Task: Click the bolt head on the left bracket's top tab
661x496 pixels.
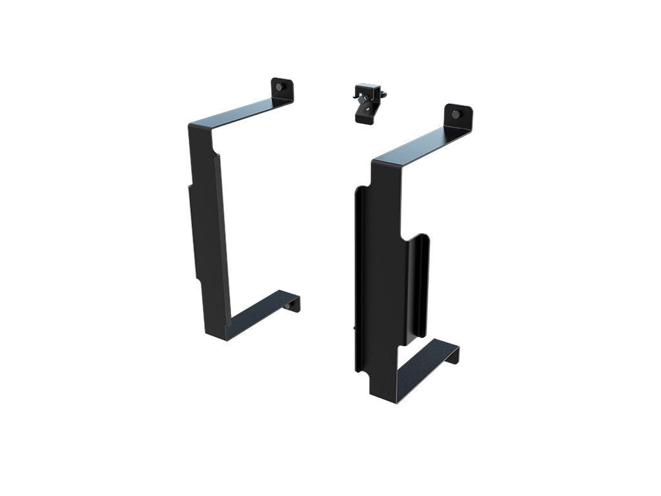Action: (x=279, y=87)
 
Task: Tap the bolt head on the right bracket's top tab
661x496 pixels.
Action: (x=456, y=114)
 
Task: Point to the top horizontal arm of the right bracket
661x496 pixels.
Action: (x=420, y=143)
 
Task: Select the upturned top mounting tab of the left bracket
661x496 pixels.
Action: (x=282, y=90)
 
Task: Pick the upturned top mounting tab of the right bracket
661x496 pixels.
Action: (x=459, y=117)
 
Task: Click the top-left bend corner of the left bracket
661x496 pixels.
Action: (x=192, y=126)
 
